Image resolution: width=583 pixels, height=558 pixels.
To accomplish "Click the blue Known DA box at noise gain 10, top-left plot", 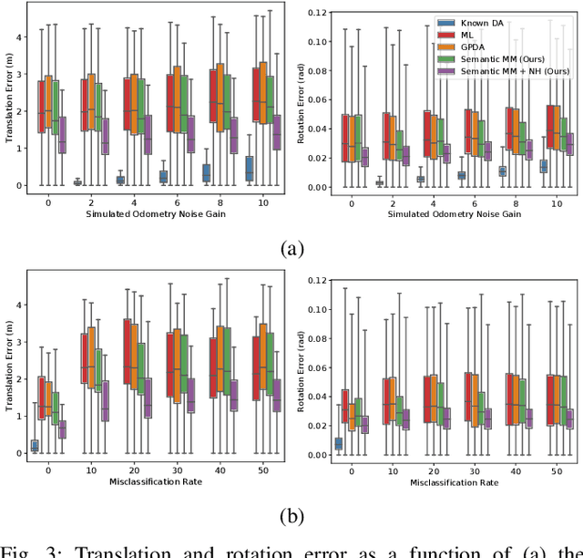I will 249,170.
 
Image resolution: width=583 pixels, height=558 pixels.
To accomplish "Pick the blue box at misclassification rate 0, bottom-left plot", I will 35,446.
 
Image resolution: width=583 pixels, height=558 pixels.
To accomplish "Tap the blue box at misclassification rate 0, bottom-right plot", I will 339,444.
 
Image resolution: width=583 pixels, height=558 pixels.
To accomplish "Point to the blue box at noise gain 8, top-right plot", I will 502,170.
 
